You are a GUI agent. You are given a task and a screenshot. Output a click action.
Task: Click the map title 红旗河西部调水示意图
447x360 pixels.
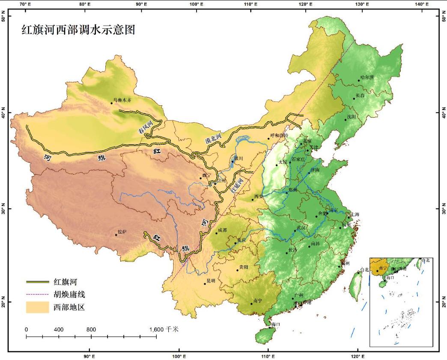pos(78,30)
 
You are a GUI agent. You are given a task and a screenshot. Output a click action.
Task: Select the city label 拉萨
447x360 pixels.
pos(122,232)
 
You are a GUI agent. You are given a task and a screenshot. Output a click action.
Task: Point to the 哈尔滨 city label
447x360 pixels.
pos(367,77)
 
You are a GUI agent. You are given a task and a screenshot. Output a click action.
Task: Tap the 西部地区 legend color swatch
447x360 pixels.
pos(37,307)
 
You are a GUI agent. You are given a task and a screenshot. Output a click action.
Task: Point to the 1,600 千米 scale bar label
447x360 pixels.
pos(164,330)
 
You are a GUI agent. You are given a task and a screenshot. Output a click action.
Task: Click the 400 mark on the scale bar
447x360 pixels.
pos(59,330)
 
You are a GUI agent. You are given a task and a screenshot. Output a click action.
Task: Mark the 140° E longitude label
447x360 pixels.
pos(422,4)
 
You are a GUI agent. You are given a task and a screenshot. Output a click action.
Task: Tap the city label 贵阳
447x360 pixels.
pos(243,267)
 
